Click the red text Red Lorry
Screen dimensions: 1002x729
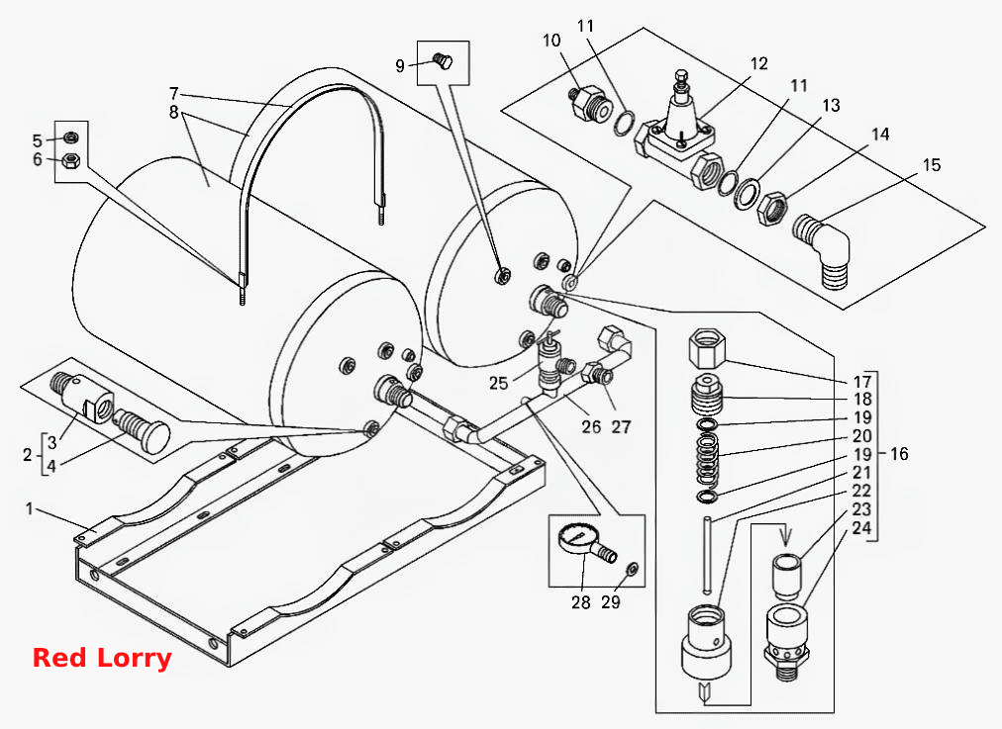tap(102, 658)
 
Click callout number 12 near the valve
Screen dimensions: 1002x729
tap(758, 64)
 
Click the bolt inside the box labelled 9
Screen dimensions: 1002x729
tap(443, 61)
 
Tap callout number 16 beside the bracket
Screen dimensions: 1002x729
tap(898, 454)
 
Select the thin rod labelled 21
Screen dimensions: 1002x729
tap(707, 554)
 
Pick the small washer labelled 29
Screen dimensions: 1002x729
tap(630, 567)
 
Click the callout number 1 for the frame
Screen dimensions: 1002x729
tap(30, 508)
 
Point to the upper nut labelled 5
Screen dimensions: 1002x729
tap(71, 137)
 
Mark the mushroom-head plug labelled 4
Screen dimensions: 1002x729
tap(142, 431)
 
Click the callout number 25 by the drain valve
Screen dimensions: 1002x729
tap(498, 383)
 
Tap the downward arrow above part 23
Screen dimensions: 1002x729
tap(785, 535)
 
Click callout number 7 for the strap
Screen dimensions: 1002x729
tap(174, 92)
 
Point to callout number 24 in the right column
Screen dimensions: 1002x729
tap(861, 528)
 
